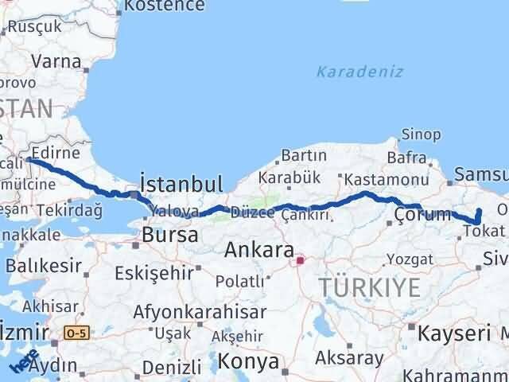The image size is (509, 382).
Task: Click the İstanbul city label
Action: tap(181, 184)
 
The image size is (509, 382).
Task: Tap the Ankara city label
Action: tap(258, 250)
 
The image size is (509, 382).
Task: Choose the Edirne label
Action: tap(54, 152)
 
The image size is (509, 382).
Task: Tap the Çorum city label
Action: tap(422, 214)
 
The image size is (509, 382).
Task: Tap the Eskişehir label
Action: tap(153, 273)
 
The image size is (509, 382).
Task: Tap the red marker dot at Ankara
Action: tap(300, 259)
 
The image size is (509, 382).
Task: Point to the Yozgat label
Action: tap(410, 259)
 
